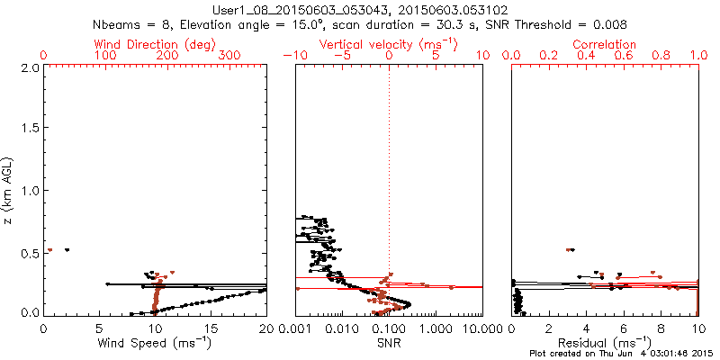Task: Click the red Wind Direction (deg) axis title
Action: pos(156,44)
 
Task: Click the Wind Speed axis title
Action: pos(156,343)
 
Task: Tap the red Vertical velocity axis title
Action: pos(389,44)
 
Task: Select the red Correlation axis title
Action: pos(606,44)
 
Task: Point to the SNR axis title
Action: pos(389,343)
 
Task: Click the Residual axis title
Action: pos(606,343)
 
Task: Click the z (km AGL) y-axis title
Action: pos(9,190)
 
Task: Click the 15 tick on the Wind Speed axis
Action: pos(211,328)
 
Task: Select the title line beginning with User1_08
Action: pos(358,10)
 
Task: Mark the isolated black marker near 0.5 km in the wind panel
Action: pos(67,249)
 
